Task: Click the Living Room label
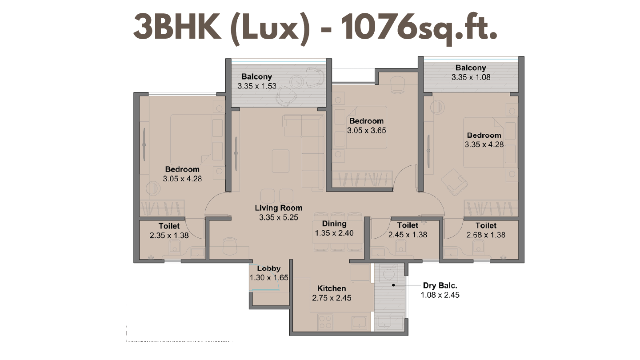click(x=279, y=208)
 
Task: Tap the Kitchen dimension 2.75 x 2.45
click(x=332, y=298)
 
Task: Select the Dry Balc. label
click(x=440, y=285)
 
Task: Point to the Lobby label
click(x=269, y=268)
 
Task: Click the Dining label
click(x=334, y=224)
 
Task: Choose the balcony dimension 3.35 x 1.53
click(x=257, y=86)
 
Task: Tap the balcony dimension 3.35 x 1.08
click(x=471, y=77)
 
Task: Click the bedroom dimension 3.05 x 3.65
click(x=367, y=131)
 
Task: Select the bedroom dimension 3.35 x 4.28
click(x=484, y=144)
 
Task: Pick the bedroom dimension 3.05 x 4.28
click(x=182, y=179)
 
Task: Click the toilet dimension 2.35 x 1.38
click(x=169, y=236)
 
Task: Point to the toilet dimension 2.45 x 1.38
click(x=408, y=235)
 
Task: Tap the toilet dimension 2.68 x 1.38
click(x=486, y=235)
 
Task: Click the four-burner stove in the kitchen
click(x=325, y=322)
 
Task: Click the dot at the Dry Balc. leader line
click(x=393, y=285)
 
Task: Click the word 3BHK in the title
click(x=177, y=28)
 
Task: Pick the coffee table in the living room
click(x=280, y=161)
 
